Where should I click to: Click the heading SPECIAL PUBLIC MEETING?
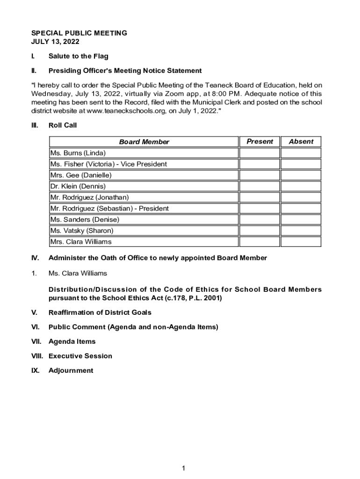pos(79,33)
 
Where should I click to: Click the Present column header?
pos(259,141)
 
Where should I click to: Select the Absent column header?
pos(301,141)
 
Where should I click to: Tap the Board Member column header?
pos(144,142)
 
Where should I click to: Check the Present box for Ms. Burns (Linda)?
pos(259,153)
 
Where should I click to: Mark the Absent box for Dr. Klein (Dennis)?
pos(301,186)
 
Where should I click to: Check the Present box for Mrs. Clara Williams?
pos(259,242)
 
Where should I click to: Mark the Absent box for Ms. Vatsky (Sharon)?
pos(301,231)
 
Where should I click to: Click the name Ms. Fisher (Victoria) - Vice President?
pos(108,164)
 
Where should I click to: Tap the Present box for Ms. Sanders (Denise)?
pos(259,219)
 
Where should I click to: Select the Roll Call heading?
pos(63,125)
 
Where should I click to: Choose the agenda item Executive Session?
pos(80,356)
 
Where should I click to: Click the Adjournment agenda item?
pos(71,370)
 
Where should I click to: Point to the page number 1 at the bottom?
pos(184,468)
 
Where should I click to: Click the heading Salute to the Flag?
pos(78,56)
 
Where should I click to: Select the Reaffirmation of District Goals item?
pos(100,312)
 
